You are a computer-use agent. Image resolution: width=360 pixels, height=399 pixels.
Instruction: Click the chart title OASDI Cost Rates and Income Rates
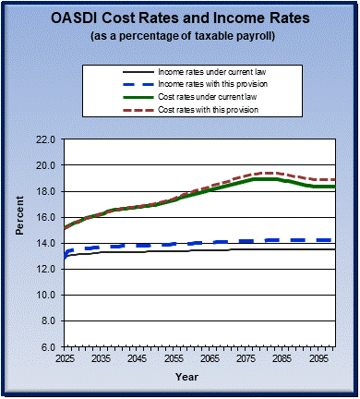pos(180,19)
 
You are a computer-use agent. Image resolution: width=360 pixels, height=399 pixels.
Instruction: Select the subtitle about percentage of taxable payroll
pos(180,36)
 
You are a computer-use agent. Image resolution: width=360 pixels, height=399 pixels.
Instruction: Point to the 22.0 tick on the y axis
pos(47,139)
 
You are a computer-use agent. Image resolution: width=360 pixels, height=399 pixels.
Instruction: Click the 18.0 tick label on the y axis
pos(47,191)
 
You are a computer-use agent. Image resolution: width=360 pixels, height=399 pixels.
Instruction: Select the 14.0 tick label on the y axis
pos(47,243)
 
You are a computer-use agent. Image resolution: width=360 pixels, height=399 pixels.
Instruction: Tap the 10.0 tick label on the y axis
pos(47,295)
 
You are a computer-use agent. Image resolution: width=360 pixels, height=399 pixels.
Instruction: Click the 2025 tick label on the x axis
pos(64,357)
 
